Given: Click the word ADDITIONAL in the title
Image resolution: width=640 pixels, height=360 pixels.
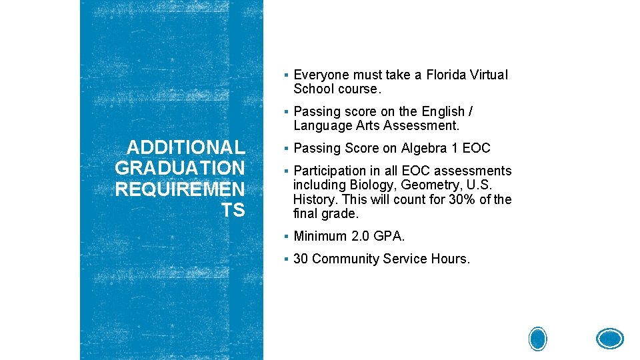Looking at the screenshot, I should pos(186,147).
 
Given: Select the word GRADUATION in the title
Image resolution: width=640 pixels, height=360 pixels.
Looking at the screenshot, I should pos(180,168).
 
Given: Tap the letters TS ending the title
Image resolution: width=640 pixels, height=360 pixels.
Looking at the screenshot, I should pos(233,211).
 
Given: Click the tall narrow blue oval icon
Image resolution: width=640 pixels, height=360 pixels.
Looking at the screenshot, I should pos(538,339).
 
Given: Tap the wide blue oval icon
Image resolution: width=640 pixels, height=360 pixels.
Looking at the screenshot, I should pos(609,339).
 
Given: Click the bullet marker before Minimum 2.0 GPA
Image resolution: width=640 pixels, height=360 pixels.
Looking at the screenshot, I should pos(285,237).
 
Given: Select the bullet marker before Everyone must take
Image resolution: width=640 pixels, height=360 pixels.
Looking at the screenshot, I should pos(285,75).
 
